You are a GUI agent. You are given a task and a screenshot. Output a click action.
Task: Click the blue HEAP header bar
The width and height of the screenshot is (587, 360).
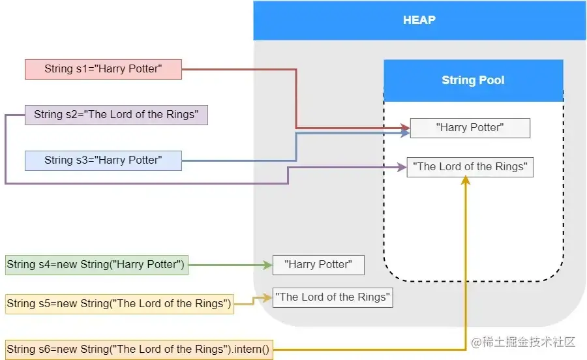[x=419, y=20]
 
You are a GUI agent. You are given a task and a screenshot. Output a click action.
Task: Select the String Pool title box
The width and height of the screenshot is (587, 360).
[x=473, y=80]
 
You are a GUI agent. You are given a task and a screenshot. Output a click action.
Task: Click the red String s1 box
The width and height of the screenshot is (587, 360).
[x=103, y=69]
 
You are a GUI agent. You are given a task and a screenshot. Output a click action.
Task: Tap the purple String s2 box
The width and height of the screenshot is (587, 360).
[x=116, y=115]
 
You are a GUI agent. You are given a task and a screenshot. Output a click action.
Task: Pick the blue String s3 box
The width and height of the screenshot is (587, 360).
[x=103, y=160]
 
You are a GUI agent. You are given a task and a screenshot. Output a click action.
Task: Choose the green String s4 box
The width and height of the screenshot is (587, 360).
[x=97, y=265]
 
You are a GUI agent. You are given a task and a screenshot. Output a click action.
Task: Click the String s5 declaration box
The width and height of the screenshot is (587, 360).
[x=119, y=304]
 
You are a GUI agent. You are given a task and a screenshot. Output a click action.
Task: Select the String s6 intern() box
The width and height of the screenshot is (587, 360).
[x=138, y=350]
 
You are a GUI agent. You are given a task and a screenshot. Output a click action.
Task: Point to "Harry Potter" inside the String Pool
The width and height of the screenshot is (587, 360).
[x=470, y=128]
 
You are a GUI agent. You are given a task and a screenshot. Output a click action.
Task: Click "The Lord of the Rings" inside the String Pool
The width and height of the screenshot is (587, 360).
[x=470, y=167]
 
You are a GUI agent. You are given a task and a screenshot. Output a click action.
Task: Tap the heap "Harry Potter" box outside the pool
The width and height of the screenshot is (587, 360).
[x=318, y=265]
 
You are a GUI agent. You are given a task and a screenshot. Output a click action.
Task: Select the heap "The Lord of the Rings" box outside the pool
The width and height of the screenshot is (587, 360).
[x=333, y=297]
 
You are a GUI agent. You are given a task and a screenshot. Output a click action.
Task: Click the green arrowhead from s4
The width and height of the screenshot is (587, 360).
[x=267, y=265]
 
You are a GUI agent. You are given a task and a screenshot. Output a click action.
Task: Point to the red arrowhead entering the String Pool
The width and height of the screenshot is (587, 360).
[x=406, y=127]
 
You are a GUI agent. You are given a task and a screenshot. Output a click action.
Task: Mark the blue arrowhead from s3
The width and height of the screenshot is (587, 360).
[x=406, y=133]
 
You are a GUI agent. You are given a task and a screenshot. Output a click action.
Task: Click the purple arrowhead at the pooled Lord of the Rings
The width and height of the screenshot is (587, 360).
[x=402, y=167]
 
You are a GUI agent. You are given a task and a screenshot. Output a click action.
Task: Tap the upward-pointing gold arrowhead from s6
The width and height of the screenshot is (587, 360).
[x=466, y=181]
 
